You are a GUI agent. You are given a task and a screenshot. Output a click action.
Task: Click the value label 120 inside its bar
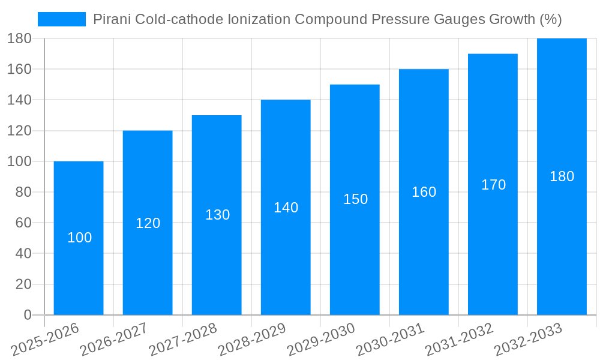[x=148, y=223]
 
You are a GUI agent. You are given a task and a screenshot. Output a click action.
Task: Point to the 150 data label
[x=355, y=199]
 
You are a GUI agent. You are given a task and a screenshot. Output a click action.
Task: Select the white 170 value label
[x=493, y=185]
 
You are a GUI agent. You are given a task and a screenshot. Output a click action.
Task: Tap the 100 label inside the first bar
[x=79, y=238]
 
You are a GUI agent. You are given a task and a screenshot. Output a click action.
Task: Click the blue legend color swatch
[x=62, y=19]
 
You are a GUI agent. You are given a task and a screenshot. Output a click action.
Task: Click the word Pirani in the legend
[x=112, y=19]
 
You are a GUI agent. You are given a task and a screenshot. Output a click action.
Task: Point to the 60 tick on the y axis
[x=23, y=223]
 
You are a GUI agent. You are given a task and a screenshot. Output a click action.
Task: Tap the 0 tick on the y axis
[x=28, y=315]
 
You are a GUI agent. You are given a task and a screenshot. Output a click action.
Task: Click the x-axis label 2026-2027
[x=113, y=339]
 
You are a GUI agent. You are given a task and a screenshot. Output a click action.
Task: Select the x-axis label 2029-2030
[x=321, y=339]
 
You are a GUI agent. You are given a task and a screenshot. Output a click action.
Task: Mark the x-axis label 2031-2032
[x=459, y=339]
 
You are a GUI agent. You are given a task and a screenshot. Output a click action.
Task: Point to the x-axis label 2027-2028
[x=182, y=339]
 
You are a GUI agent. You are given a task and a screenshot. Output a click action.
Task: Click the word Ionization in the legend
[x=259, y=19]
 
